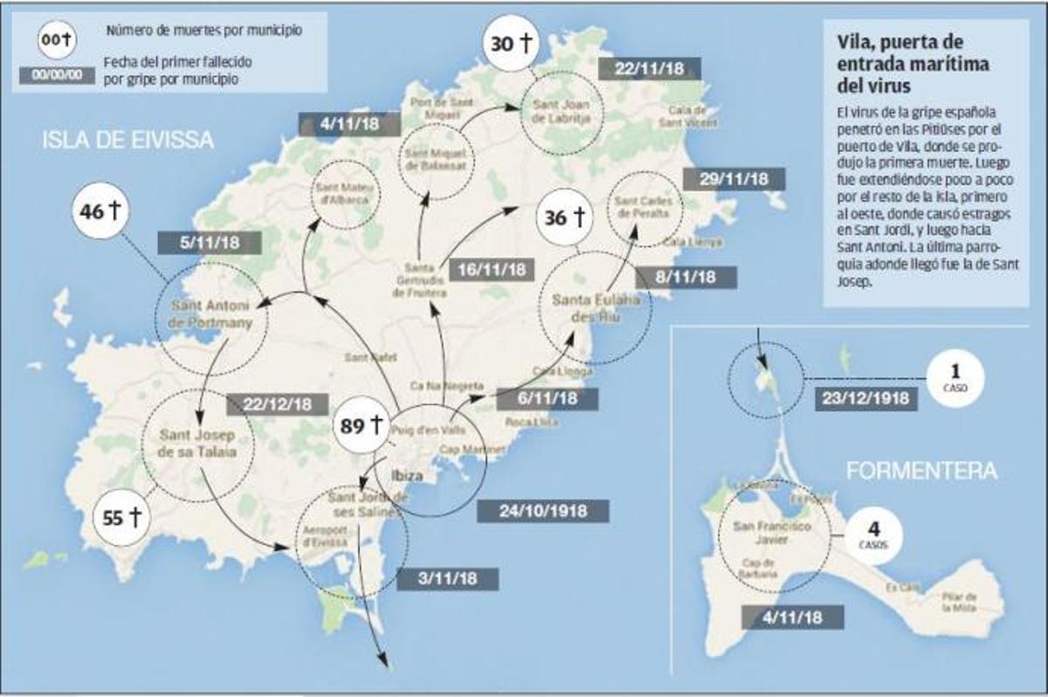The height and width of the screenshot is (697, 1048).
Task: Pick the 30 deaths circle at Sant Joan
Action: click(512, 43)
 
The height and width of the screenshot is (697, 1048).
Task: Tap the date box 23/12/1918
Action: click(865, 399)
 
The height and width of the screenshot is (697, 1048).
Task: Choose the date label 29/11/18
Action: click(734, 179)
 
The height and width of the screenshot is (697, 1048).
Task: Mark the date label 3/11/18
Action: click(447, 578)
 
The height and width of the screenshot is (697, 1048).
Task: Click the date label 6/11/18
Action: click(547, 398)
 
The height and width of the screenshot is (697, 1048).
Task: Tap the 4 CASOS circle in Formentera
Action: click(872, 534)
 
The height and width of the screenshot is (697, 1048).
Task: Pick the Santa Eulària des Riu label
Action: click(596, 307)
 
